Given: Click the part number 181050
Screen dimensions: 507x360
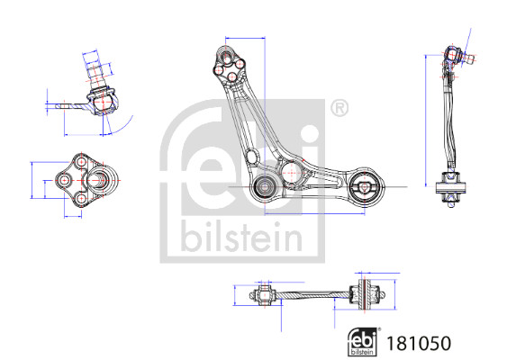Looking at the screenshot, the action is coord(419,343).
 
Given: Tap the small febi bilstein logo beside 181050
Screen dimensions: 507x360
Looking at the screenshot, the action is coord(364,342).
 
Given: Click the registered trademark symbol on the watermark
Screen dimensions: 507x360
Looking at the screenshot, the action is coord(340,108).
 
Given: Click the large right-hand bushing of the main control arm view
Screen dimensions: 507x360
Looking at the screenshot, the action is coord(365,187).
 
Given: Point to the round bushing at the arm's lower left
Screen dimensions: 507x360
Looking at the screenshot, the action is coord(265,186).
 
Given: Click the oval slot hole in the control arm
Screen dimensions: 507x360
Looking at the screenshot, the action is coord(251,157).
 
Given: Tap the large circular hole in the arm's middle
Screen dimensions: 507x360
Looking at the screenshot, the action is coord(291,173).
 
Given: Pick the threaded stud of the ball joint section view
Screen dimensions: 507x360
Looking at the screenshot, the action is coord(95,72).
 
